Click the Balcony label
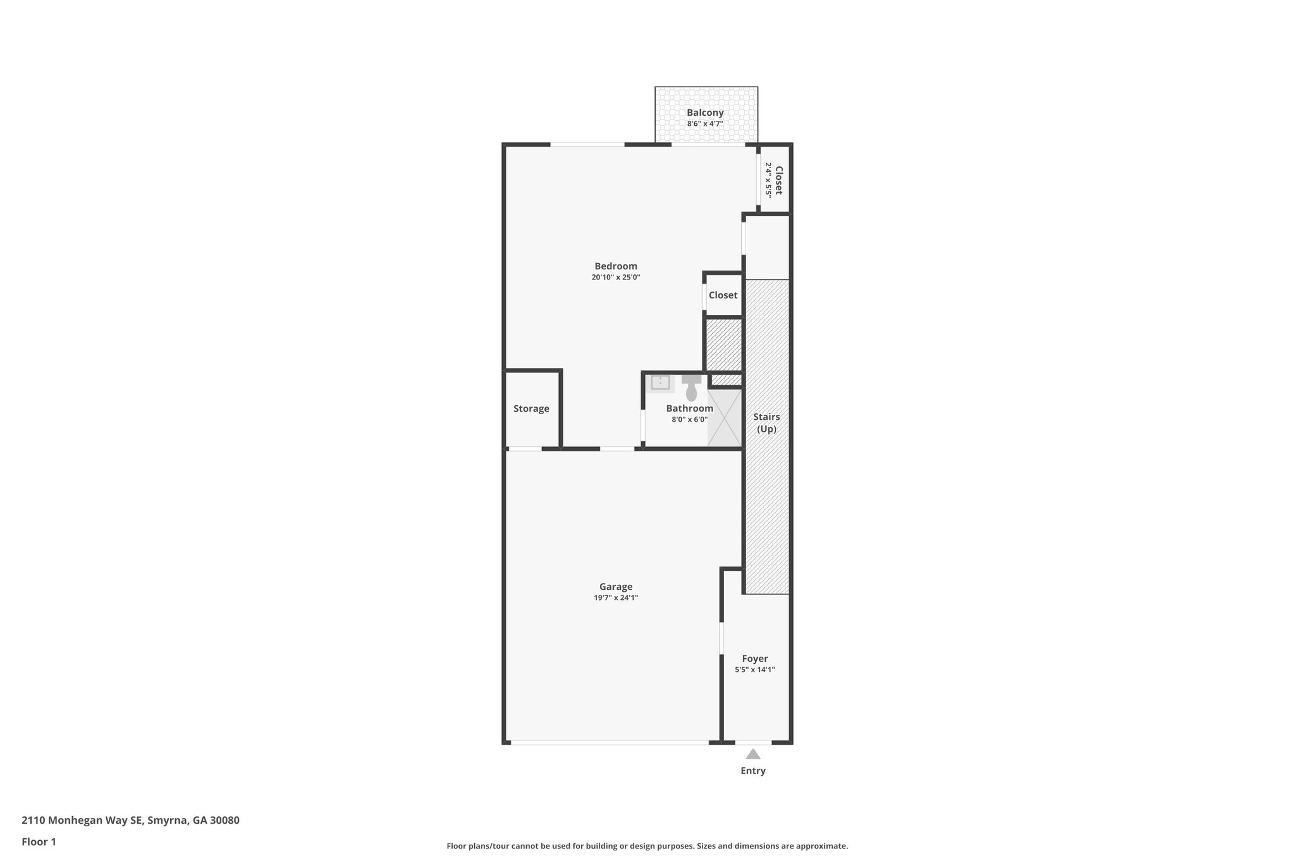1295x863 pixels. tap(705, 113)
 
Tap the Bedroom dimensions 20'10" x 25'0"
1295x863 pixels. tap(616, 277)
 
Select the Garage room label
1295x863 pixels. tap(616, 587)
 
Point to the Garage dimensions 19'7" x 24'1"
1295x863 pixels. tap(616, 597)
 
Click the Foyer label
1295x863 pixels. tap(755, 659)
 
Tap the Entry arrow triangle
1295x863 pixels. tap(752, 754)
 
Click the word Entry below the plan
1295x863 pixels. tap(752, 771)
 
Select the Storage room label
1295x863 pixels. tap(531, 408)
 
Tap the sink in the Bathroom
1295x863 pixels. tap(660, 383)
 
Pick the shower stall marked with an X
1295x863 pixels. tap(724, 417)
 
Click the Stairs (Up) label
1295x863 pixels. tap(766, 422)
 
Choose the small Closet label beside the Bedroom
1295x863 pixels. tap(723, 295)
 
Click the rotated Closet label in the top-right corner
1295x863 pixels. tap(778, 180)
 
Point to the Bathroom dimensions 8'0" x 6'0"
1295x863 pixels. tap(689, 419)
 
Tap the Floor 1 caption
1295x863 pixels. tap(39, 842)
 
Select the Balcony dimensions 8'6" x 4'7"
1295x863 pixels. tap(705, 124)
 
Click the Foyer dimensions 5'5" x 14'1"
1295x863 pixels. tap(755, 670)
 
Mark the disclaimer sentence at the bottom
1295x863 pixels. tap(647, 846)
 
